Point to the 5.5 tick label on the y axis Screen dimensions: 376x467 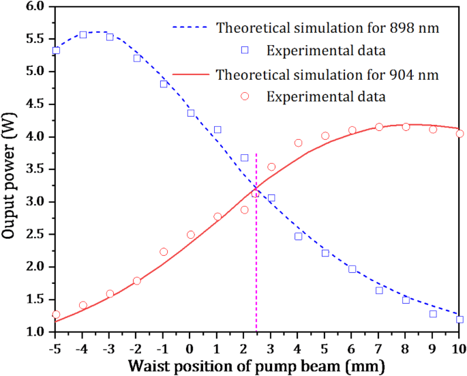36,39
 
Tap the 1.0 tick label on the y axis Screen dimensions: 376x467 36,332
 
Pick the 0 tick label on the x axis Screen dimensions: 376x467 190,346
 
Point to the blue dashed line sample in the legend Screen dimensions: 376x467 192,29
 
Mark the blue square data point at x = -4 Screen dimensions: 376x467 82,34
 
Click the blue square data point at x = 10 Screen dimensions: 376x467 460,319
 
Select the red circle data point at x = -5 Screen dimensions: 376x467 56,315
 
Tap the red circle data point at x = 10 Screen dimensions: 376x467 460,134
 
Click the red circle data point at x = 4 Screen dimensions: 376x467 298,143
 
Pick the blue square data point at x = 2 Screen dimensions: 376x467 244,158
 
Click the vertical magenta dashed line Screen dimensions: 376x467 256,259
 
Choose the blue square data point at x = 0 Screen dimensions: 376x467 190,113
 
